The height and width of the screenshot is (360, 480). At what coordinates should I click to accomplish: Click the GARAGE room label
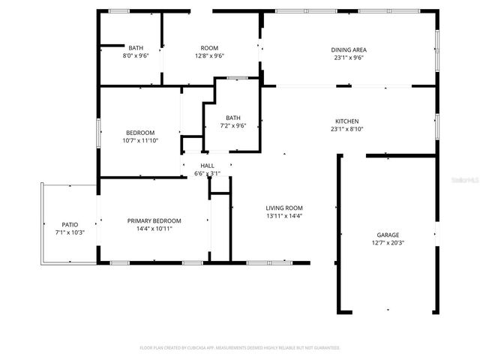[387, 235]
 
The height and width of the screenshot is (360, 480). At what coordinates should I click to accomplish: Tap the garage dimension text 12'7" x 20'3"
[387, 243]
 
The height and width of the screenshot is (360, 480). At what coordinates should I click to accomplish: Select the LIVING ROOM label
[284, 208]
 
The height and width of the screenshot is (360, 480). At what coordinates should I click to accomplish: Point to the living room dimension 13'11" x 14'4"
[284, 216]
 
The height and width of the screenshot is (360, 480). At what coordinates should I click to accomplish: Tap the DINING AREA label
[349, 49]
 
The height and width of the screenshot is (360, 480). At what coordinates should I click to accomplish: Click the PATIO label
[70, 224]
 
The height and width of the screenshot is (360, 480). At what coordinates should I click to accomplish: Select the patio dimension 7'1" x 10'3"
[70, 232]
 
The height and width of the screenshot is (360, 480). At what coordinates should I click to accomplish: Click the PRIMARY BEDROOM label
[154, 220]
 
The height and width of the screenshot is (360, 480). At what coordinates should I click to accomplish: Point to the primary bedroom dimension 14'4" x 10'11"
[154, 229]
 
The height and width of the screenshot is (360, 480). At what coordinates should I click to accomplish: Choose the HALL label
[207, 166]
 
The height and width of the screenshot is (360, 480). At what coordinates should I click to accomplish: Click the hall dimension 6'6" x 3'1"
[207, 173]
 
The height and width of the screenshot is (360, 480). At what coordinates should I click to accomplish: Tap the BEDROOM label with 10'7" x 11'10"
[139, 133]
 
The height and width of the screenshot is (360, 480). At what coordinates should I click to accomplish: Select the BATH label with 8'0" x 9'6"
[136, 48]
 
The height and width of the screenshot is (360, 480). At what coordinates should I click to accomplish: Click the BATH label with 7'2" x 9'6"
[233, 118]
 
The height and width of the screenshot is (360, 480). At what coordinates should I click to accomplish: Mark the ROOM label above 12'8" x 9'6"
[209, 48]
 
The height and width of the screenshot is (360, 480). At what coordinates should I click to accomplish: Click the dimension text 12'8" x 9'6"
[209, 55]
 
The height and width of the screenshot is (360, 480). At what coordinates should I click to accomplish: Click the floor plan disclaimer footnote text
[240, 348]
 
